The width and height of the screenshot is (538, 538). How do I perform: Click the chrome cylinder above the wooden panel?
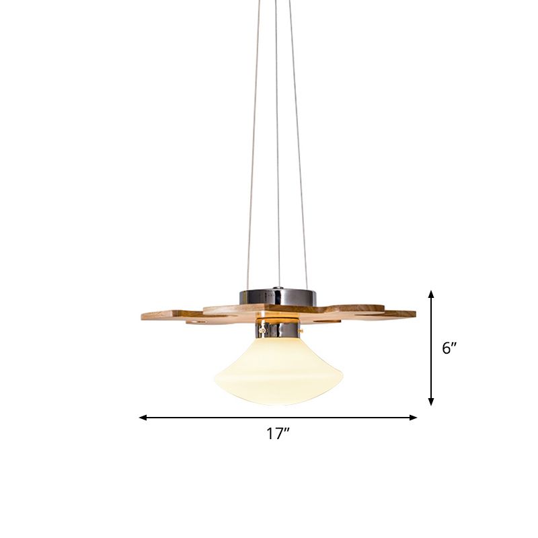[x=276, y=296]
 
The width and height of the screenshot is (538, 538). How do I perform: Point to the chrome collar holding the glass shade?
[x=276, y=329]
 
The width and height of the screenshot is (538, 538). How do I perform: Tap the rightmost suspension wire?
[x=299, y=168]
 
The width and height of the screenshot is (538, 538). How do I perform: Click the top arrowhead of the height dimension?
[x=431, y=294]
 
